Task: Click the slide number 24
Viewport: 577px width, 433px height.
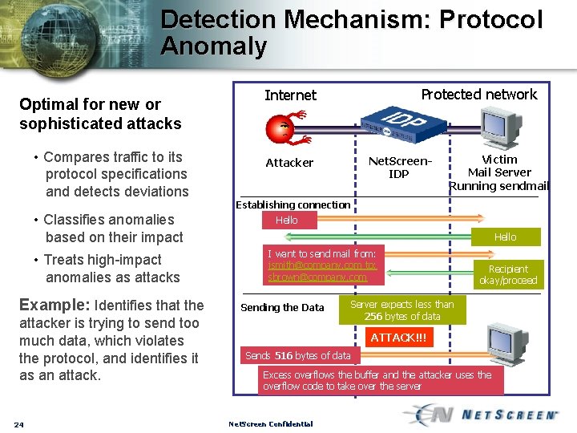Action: (x=18, y=424)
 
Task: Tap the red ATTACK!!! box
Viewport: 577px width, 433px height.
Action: (x=398, y=338)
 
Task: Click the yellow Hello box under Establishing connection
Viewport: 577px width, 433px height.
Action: (x=287, y=220)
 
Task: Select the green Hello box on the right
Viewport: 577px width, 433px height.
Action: (x=505, y=237)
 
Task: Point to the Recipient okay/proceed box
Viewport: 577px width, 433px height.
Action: (x=508, y=274)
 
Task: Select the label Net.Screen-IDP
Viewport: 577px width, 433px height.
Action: (x=399, y=168)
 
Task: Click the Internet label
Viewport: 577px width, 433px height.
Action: (x=290, y=95)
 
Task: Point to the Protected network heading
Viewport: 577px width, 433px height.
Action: (x=478, y=95)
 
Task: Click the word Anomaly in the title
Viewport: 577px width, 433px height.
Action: (x=214, y=47)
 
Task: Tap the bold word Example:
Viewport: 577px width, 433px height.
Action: (x=54, y=305)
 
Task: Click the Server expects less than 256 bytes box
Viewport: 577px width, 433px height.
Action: (x=401, y=310)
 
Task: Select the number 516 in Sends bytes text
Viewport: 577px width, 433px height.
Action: (x=284, y=355)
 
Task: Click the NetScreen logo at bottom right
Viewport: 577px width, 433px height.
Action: (x=486, y=414)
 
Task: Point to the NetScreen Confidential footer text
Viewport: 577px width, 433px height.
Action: (x=270, y=424)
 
